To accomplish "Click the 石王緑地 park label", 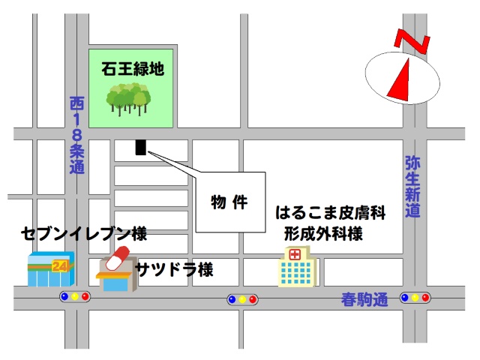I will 133,69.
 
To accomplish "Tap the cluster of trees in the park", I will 128,97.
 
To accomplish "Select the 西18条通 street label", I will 76,135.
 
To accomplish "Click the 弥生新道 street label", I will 412,187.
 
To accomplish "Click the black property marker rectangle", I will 139,147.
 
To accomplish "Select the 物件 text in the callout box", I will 229,202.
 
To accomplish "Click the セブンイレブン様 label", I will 84,233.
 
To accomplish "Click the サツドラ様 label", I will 174,269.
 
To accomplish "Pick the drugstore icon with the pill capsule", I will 115,268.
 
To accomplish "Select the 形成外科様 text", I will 323,233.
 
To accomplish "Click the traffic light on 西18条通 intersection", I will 74,297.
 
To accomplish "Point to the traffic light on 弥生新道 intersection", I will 415,297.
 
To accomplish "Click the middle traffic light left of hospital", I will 242,300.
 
